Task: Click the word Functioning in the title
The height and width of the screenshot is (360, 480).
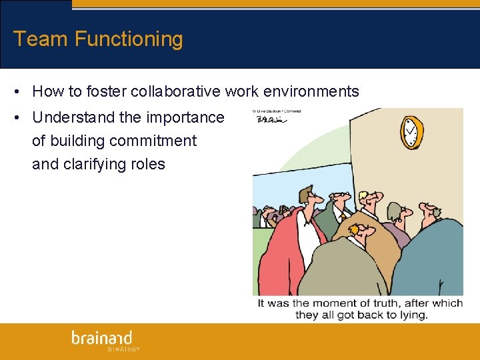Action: [129, 39]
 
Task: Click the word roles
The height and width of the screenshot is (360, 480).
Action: [148, 164]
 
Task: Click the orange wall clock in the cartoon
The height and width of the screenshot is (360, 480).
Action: [411, 132]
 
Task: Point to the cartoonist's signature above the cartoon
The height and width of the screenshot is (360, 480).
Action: [270, 120]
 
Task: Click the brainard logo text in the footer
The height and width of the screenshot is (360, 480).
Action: [102, 337]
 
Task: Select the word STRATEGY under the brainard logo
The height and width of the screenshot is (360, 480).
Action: [123, 349]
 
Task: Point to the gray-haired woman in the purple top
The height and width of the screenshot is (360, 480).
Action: [394, 215]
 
